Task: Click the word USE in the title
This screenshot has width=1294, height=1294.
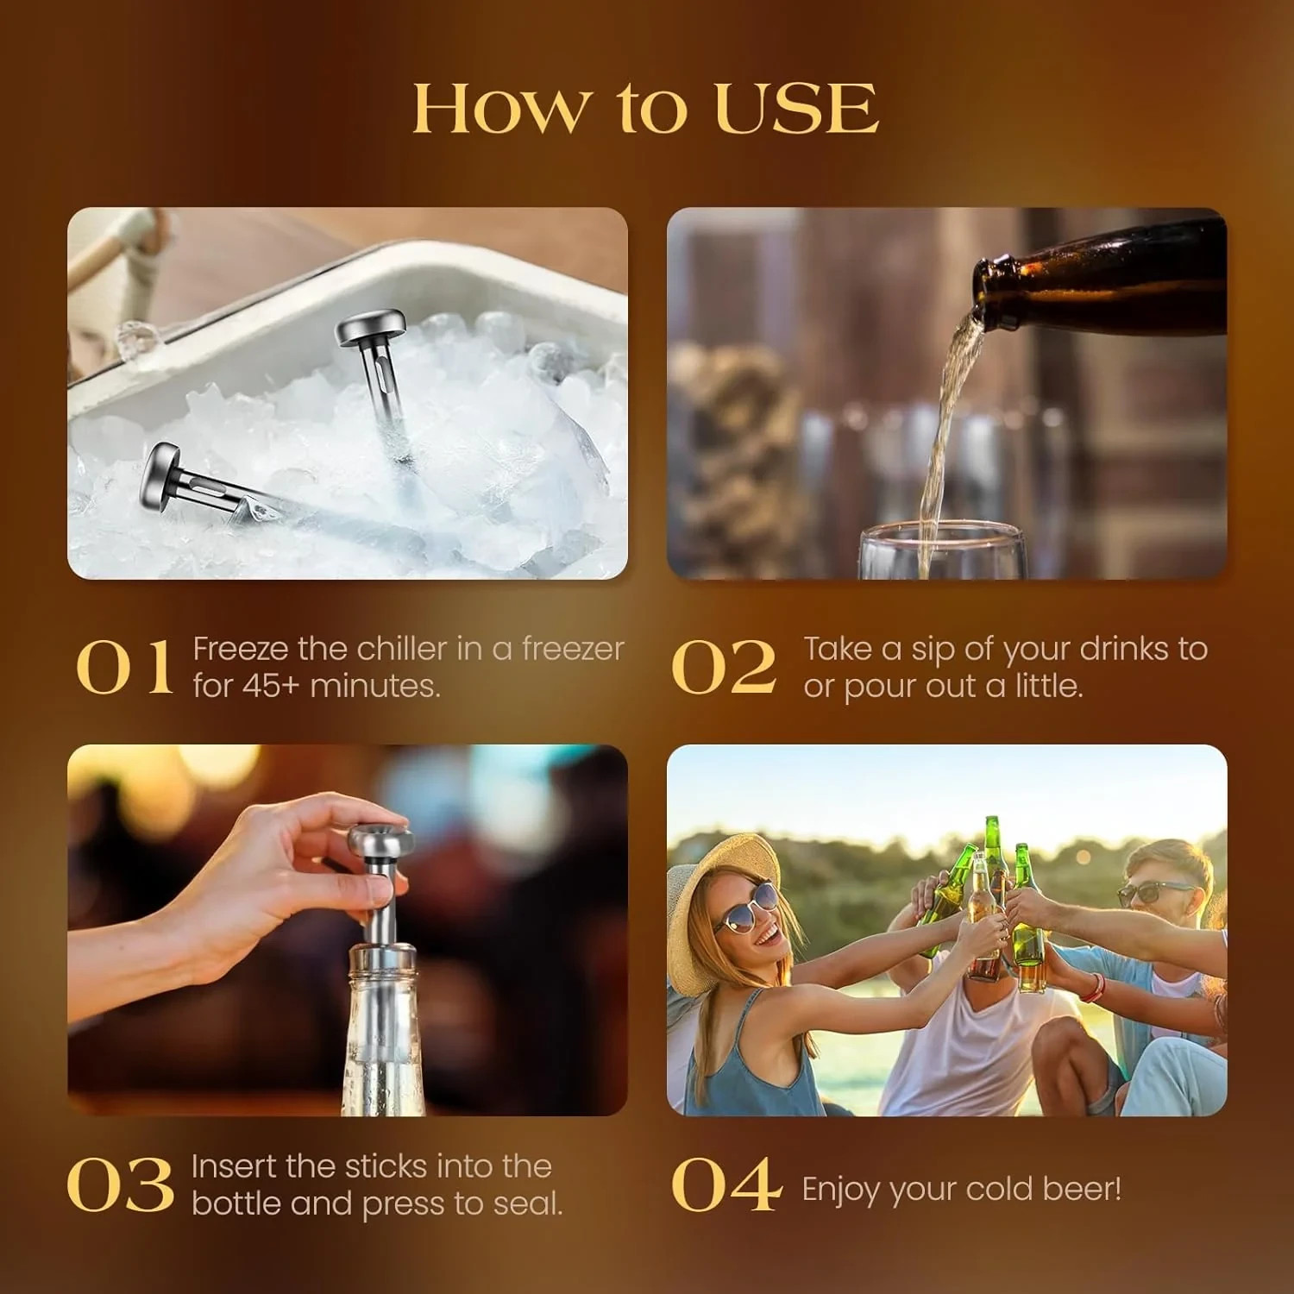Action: pyautogui.click(x=795, y=110)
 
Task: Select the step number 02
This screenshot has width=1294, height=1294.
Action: pyautogui.click(x=723, y=668)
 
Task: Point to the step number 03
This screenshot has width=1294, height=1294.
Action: pyautogui.click(x=120, y=1185)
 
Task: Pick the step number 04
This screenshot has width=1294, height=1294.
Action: pyautogui.click(x=726, y=1185)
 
